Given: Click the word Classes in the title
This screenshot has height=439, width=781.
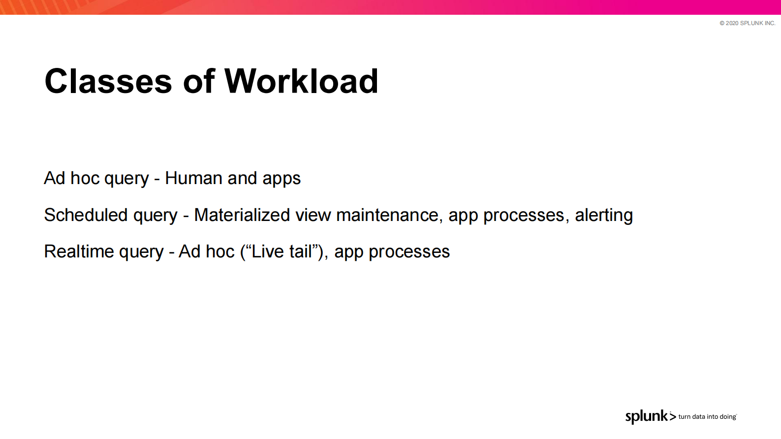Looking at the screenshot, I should [x=108, y=81].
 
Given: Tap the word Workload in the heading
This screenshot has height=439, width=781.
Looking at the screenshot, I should [x=301, y=81].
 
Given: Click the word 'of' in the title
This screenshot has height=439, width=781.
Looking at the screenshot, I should [x=199, y=81].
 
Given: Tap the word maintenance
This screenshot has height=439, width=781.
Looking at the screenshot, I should [x=387, y=215].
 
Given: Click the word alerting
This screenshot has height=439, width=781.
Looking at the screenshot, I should [x=604, y=215].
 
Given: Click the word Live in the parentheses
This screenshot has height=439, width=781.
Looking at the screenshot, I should [x=267, y=251].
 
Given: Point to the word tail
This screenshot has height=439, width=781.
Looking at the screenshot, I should [x=301, y=251].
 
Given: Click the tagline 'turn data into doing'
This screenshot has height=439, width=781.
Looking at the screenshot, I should [x=707, y=417].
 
